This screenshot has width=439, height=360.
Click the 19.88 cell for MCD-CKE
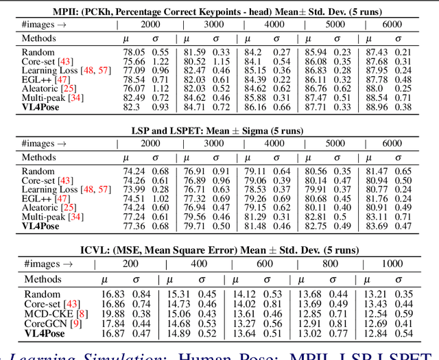(112, 314)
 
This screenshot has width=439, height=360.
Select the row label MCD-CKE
(40, 314)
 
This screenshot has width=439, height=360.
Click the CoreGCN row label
(42, 324)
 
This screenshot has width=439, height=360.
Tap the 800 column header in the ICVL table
(331, 263)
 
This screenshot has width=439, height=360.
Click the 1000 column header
(392, 263)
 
